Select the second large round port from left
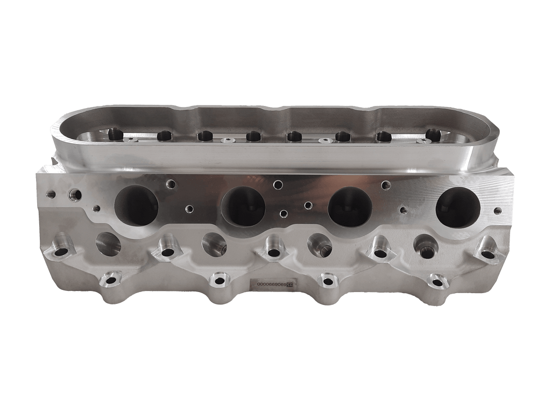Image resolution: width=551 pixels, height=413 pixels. click(x=243, y=206)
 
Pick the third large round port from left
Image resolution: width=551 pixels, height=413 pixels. click(x=350, y=206)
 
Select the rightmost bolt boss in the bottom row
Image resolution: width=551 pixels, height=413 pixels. click(x=437, y=280)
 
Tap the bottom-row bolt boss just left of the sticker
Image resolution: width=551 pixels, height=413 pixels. click(x=218, y=280)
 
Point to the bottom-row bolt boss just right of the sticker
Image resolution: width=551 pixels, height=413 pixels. click(x=326, y=280)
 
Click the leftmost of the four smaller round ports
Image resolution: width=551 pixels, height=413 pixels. click(x=108, y=244)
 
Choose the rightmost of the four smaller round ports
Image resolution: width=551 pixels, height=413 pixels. click(x=425, y=245)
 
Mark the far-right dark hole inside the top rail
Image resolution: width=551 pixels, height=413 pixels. click(x=433, y=134)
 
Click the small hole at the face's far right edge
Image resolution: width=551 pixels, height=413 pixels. click(x=498, y=211)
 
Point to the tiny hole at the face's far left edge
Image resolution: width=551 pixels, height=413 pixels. click(x=51, y=194)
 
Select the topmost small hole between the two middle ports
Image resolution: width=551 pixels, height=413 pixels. click(x=278, y=185)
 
